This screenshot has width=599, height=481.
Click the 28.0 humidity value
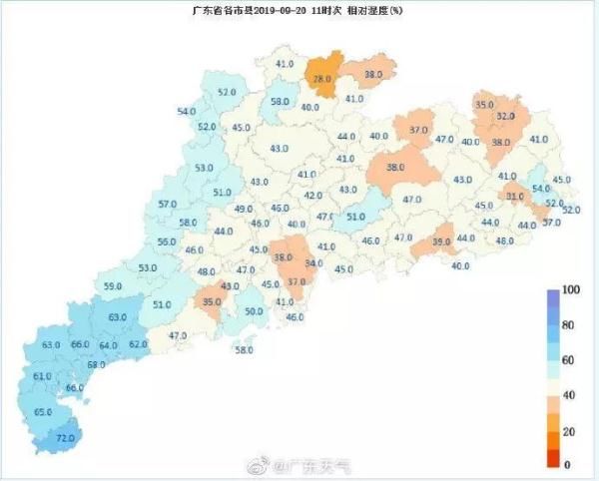[321, 78]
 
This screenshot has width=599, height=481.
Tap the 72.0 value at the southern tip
[66, 438]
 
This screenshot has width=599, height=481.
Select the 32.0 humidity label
[506, 117]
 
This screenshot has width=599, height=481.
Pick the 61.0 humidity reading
[42, 376]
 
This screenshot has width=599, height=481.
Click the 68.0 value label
[96, 365]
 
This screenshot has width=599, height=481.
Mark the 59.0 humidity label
[113, 287]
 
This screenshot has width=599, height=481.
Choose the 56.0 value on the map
[167, 242]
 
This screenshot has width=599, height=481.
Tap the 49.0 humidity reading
[244, 210]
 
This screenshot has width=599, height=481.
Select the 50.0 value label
[254, 312]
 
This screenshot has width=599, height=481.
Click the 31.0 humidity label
[515, 198]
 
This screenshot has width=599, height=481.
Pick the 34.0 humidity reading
[314, 263]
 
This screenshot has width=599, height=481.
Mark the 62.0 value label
[138, 344]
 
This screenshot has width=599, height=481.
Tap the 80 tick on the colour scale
[569, 325]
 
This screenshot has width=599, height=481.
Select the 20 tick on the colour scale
[569, 430]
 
